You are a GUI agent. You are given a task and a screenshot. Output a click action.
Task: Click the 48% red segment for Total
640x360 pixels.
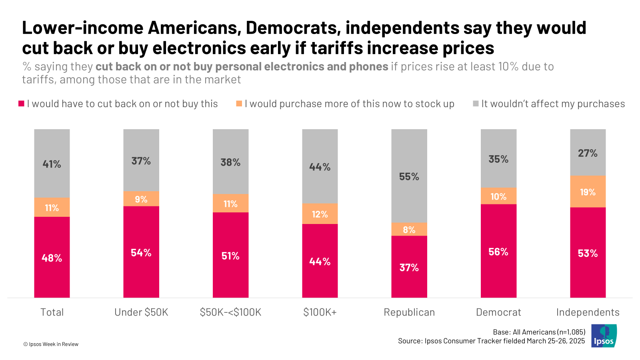pyautogui.click(x=52, y=257)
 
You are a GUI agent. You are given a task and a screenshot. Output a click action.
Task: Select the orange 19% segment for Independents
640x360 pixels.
pyautogui.click(x=588, y=192)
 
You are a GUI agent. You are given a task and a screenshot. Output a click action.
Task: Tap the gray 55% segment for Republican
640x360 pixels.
pyautogui.click(x=409, y=176)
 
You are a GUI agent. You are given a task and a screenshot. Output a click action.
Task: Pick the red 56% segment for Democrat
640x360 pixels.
pyautogui.click(x=498, y=251)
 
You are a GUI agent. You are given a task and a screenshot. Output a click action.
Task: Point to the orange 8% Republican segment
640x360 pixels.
pyautogui.click(x=409, y=229)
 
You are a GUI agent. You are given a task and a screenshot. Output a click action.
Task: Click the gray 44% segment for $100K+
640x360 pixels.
pyautogui.click(x=320, y=166)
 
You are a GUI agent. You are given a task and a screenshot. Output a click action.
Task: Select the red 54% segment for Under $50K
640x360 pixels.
pyautogui.click(x=141, y=252)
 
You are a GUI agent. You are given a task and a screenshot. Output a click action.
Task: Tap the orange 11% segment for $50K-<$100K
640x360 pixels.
pyautogui.click(x=230, y=203)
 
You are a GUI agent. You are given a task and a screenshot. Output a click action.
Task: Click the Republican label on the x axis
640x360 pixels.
pyautogui.click(x=409, y=312)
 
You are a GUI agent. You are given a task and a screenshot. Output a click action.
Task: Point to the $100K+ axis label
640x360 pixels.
pyautogui.click(x=320, y=312)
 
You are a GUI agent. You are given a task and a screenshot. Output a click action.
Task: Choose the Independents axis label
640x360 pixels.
pyautogui.click(x=588, y=312)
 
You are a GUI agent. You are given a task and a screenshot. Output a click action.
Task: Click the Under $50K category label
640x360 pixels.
pyautogui.click(x=141, y=312)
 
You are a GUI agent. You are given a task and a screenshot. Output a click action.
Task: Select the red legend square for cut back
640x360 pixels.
pyautogui.click(x=22, y=104)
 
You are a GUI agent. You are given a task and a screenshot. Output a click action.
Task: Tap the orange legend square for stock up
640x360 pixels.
pyautogui.click(x=239, y=104)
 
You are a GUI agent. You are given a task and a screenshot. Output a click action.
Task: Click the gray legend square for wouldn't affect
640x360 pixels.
pyautogui.click(x=476, y=104)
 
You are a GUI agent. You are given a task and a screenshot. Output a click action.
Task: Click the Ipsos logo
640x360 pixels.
pyautogui.click(x=604, y=336)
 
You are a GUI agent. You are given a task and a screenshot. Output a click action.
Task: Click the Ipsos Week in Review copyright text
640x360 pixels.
pyautogui.click(x=51, y=344)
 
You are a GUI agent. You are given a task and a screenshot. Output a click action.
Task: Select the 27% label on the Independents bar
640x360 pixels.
pyautogui.click(x=588, y=153)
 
